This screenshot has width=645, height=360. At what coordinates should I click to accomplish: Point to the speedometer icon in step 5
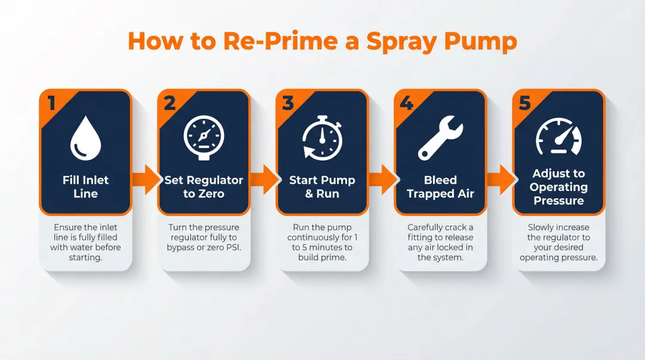click(558, 137)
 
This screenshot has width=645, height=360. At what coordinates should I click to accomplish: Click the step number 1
click(51, 103)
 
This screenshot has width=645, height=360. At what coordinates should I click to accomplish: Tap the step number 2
click(170, 103)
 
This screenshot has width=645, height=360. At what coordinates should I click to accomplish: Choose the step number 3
click(288, 103)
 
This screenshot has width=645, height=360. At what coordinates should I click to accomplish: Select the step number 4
click(406, 103)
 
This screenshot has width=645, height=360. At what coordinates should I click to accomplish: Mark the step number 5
click(524, 103)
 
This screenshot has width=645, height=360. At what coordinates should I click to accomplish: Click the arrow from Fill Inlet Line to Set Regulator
click(145, 179)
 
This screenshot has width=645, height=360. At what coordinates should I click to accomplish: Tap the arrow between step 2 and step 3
click(263, 179)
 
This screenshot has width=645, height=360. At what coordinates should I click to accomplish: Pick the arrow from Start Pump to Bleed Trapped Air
click(382, 179)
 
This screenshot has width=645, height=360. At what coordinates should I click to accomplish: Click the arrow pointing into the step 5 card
click(500, 179)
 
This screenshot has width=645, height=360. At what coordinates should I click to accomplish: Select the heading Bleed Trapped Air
click(440, 187)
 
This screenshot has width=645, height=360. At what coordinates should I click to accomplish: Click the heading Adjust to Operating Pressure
click(558, 187)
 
